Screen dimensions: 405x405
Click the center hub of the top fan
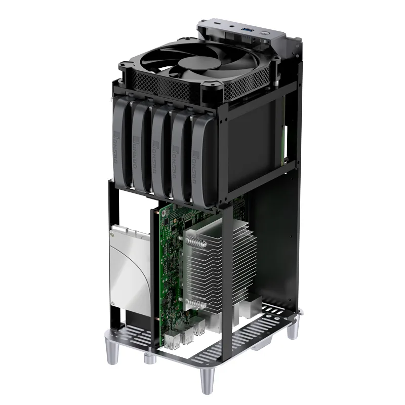193,65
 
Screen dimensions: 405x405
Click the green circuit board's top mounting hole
165,213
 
